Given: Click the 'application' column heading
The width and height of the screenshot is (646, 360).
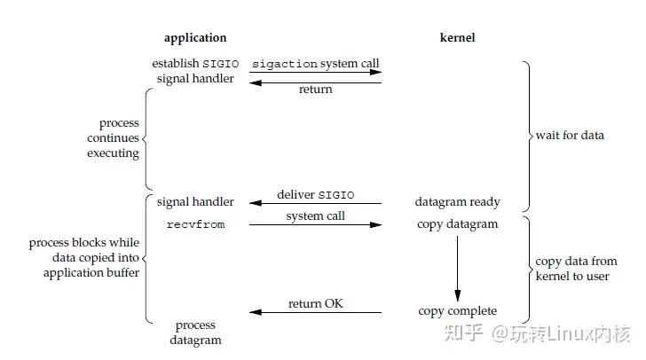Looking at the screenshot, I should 195,38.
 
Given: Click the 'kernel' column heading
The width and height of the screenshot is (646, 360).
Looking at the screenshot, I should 457,38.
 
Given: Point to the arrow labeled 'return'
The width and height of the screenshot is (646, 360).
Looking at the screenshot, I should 315,82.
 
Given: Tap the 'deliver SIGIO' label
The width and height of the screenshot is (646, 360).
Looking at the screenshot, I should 315,194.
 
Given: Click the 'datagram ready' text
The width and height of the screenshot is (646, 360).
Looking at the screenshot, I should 457,202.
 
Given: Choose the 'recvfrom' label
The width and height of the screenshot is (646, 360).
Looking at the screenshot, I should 195,224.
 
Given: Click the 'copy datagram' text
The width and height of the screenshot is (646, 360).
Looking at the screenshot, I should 457,224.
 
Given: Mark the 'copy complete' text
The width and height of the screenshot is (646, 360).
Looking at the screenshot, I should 457,311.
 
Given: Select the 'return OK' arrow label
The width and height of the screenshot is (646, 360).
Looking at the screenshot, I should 315,304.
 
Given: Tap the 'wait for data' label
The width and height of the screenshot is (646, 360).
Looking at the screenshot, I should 570,136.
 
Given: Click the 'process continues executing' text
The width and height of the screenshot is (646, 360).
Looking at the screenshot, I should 113,138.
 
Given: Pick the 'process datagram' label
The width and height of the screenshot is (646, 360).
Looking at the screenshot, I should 195,332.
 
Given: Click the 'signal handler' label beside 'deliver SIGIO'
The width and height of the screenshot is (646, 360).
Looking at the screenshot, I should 195,202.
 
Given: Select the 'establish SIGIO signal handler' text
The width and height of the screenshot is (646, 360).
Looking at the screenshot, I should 195,71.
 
